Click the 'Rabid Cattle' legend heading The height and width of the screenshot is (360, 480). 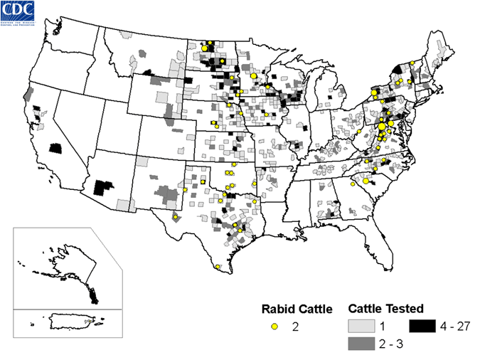point(293,309)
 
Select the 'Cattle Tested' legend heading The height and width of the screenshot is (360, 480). point(386,309)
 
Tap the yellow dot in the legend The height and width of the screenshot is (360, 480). point(274,327)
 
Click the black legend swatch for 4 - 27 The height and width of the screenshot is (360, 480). point(421,327)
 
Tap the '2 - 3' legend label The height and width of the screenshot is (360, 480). point(387,344)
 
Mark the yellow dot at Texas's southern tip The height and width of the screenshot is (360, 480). point(217,267)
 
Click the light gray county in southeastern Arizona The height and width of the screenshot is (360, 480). point(124,206)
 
